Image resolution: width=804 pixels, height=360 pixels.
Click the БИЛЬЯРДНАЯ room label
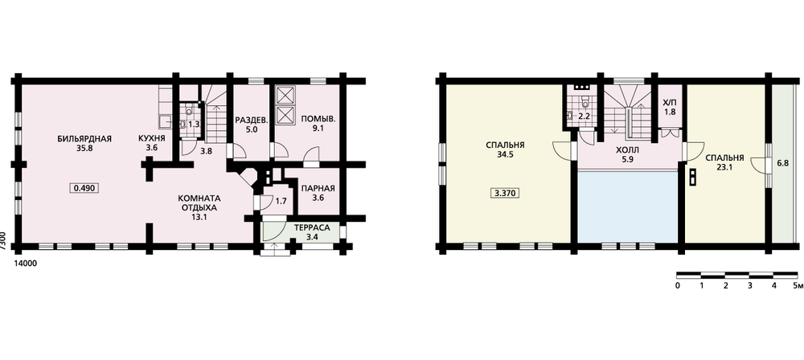[x=84, y=138]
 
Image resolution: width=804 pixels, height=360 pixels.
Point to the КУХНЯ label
[x=151, y=138]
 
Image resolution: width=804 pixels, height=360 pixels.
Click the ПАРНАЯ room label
[x=318, y=188]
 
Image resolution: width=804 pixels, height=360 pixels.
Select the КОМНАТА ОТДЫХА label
[x=198, y=203]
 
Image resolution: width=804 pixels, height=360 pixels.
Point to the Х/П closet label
[x=669, y=103]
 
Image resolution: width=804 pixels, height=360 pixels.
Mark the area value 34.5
[x=507, y=153]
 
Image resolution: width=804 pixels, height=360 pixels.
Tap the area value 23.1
[x=724, y=166]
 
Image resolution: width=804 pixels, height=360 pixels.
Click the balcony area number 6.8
[x=783, y=163]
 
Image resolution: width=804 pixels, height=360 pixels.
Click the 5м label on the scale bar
[x=795, y=285]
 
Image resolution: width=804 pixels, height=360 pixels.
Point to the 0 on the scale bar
[x=678, y=285]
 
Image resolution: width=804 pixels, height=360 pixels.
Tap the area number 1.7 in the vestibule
[x=281, y=201]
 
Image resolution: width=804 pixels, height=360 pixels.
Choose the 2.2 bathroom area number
[x=584, y=116]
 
